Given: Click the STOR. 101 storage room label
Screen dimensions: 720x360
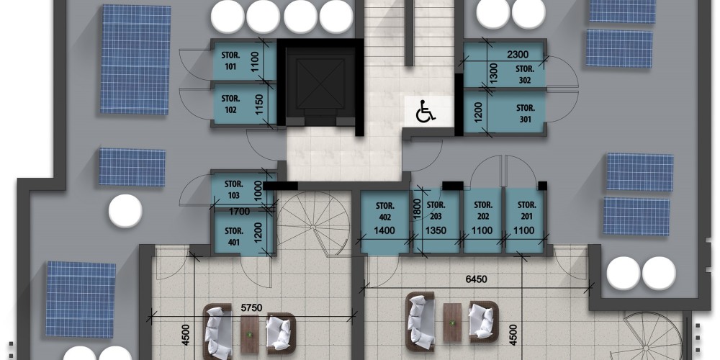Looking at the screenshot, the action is (231, 60).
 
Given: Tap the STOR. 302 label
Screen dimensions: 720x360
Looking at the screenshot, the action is (524, 75).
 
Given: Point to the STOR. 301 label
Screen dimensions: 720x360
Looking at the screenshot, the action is (526, 114).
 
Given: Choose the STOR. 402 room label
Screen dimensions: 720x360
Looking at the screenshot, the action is (384, 211).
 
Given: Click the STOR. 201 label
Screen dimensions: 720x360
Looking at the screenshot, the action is (526, 210).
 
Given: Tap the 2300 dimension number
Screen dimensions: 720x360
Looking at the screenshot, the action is (518, 55).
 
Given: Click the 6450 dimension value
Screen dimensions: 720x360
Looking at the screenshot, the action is (475, 279).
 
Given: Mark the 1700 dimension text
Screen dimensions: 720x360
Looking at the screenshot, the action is (239, 212).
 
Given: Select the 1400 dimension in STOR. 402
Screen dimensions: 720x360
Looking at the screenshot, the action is (384, 230).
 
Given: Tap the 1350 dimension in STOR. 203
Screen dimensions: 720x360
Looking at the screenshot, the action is (436, 230).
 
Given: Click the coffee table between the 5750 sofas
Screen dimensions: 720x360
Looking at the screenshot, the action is (250, 334).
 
